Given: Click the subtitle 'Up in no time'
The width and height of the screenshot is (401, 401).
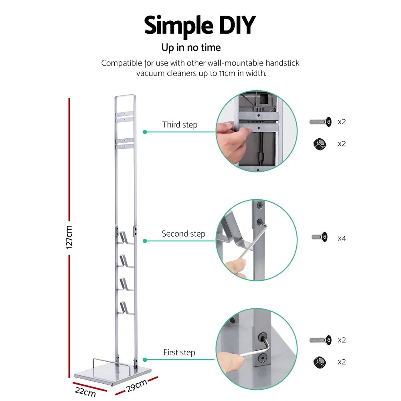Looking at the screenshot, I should coord(191,48).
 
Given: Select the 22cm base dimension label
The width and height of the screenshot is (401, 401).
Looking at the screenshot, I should coord(85,391).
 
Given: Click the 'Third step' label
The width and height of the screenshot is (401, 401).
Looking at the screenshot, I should coord(180,125).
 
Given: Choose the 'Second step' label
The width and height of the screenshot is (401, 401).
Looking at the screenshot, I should coord(183,233).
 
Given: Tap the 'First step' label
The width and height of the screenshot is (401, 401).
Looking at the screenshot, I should coord(179,352).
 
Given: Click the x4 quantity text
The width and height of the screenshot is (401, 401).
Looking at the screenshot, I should coord(342,238).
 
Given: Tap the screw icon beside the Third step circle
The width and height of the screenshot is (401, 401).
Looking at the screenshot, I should coord(320,122).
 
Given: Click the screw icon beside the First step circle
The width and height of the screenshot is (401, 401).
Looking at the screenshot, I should coord(320,340).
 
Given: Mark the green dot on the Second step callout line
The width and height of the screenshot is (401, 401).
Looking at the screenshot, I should coord(145,241).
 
